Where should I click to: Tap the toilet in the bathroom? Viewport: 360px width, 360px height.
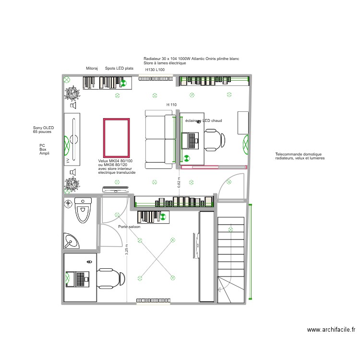(x=83, y=212)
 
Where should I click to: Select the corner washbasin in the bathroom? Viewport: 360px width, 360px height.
(x=72, y=240)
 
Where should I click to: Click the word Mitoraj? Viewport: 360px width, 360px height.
(x=92, y=69)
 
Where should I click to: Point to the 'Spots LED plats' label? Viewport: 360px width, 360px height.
(x=119, y=69)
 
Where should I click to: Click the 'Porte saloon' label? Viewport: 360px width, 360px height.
(x=129, y=227)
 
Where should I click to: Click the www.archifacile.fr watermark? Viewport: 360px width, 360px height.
(x=331, y=330)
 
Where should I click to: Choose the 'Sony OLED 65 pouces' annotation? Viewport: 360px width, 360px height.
(x=43, y=130)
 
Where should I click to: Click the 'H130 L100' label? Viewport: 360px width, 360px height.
(x=155, y=70)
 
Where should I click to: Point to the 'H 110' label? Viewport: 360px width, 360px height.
(x=171, y=105)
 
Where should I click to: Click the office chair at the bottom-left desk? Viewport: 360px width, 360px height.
(x=111, y=278)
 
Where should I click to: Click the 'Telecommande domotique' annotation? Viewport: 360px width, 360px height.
(x=300, y=156)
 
